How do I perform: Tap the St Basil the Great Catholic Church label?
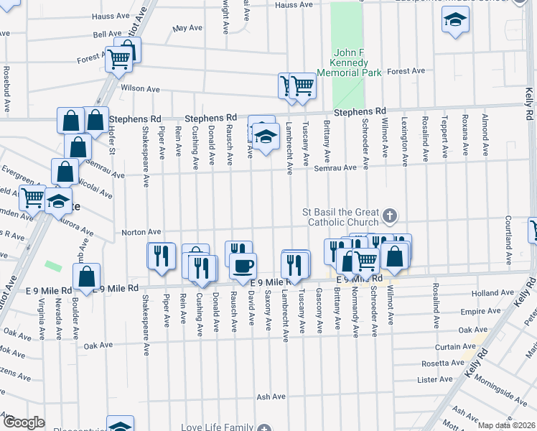(341, 217)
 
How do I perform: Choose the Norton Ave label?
(141, 232)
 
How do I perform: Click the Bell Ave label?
(108, 34)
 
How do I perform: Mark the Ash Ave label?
(271, 397)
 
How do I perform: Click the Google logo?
(24, 422)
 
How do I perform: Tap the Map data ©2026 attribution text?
(506, 425)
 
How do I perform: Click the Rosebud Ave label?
(6, 89)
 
